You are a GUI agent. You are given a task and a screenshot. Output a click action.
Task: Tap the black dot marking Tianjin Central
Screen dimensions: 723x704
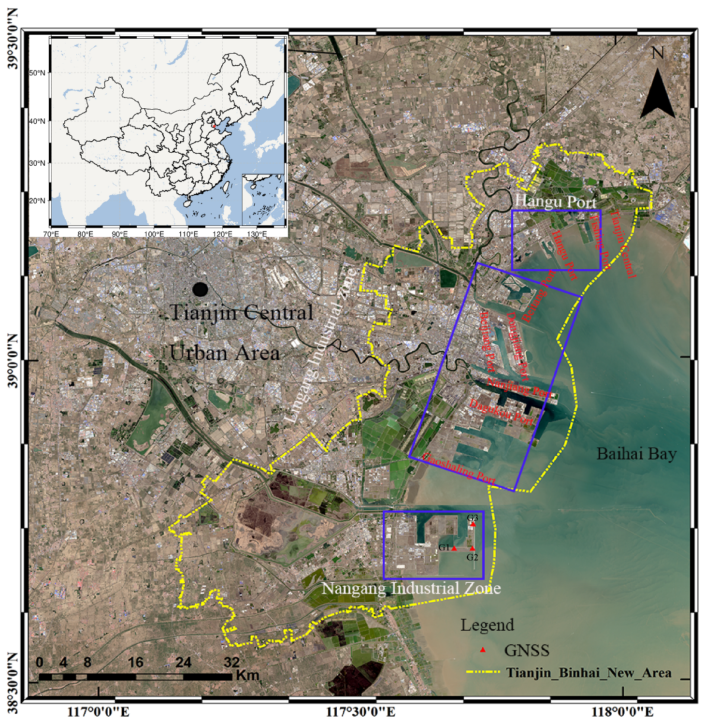click(200, 289)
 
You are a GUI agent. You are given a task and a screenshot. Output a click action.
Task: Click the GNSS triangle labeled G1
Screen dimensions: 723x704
click(454, 548)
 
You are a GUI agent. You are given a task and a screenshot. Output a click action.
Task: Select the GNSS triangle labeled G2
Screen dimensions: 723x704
click(472, 548)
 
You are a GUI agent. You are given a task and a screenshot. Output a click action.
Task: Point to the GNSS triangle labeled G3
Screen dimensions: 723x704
click(473, 524)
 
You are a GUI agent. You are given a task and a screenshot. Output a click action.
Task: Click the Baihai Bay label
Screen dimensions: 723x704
click(636, 454)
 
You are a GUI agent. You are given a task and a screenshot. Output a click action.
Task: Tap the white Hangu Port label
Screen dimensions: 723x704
click(555, 201)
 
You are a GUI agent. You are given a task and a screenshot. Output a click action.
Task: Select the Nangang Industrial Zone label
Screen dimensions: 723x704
click(411, 588)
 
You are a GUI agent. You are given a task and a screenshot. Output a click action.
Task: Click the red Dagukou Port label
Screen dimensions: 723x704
click(502, 412)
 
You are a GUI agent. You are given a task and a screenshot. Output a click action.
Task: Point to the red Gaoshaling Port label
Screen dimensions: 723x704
click(459, 468)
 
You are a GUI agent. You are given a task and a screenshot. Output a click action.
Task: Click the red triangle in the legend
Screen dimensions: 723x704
click(482, 650)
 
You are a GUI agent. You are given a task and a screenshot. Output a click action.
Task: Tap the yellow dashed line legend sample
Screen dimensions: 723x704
click(483, 672)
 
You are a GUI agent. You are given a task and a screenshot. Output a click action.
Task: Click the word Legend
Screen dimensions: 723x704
click(487, 625)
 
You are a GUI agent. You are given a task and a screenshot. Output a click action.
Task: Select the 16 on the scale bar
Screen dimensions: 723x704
click(136, 662)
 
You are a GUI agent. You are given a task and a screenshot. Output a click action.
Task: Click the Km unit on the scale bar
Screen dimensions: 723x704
click(247, 675)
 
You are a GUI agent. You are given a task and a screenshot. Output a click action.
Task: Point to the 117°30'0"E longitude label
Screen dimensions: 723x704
click(360, 711)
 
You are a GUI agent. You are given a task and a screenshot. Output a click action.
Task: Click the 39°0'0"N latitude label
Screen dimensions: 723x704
click(13, 361)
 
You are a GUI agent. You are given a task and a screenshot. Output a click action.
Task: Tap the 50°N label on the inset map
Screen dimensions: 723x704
click(37, 73)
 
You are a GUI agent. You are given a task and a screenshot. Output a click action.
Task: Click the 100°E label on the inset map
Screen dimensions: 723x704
click(154, 234)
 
